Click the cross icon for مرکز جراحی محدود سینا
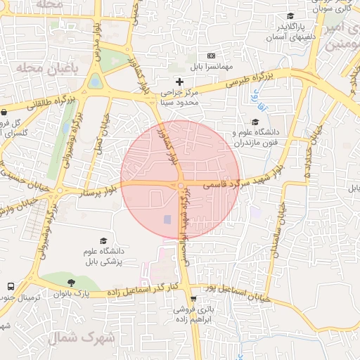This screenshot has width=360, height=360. coord(180,82)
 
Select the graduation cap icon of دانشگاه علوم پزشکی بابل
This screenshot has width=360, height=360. coord(104,240)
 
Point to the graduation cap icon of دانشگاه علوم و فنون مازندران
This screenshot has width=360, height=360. coord(255,122)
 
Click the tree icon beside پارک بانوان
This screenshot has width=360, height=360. coord(71,283)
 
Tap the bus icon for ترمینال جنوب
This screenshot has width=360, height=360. coord(11,287)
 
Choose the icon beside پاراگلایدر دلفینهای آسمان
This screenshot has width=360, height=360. coord(290,17)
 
